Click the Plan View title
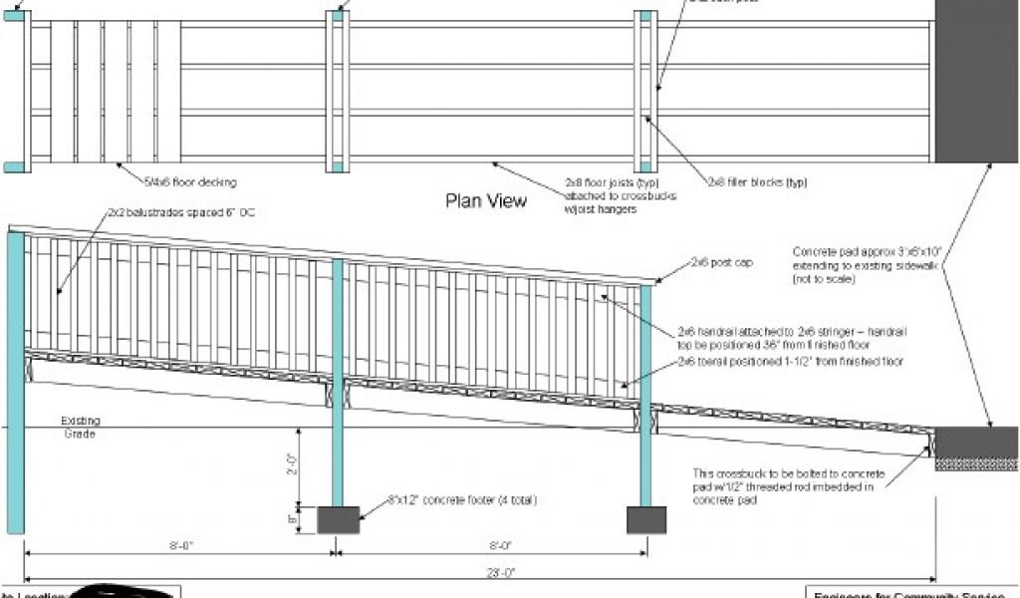485,201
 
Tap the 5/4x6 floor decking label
190,182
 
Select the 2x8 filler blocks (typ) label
757,182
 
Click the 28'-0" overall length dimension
495,572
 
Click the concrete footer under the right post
645,519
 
